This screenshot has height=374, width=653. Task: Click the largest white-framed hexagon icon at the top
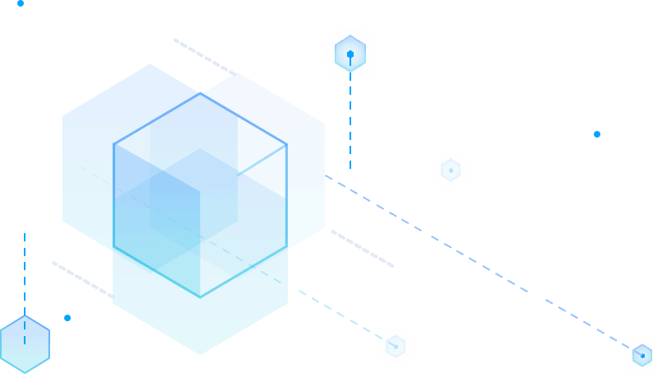pyautogui.click(x=350, y=54)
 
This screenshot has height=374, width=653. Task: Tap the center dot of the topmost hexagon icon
pyautogui.click(x=350, y=54)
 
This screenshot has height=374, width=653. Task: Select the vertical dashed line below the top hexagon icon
pyautogui.click(x=350, y=124)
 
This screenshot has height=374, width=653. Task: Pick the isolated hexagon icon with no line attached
pyautogui.click(x=450, y=171)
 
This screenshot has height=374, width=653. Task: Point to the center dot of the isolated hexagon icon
pyautogui.click(x=450, y=171)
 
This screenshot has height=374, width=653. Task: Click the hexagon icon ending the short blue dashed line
pyautogui.click(x=396, y=346)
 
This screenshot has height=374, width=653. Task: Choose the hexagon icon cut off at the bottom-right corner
pyautogui.click(x=641, y=355)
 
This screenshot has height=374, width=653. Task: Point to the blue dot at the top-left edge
pyautogui.click(x=21, y=3)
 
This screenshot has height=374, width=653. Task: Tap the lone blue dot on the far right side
pyautogui.click(x=597, y=134)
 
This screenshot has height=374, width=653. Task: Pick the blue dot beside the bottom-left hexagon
pyautogui.click(x=67, y=317)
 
